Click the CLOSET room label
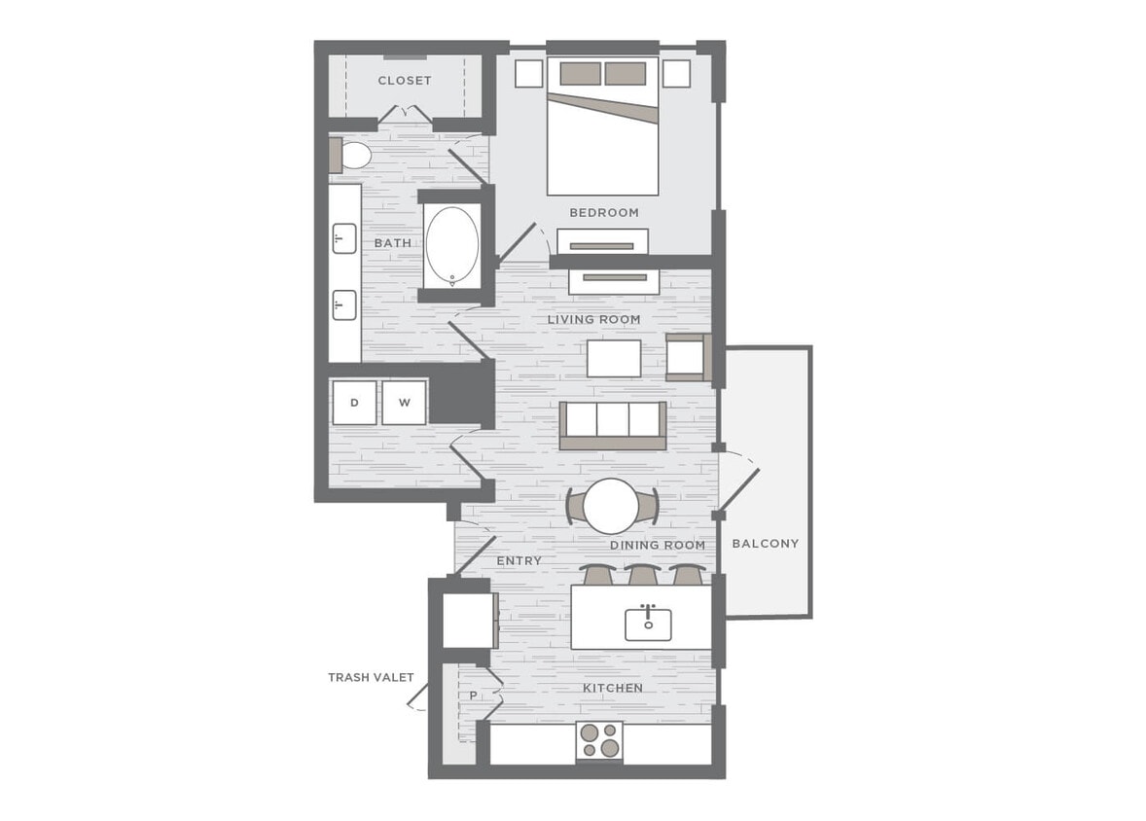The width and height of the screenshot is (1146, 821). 404,81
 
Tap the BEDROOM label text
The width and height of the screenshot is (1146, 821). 603,212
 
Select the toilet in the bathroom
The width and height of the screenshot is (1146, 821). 352,156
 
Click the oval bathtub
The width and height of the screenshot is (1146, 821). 451,246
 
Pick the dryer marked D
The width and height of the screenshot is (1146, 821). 354,403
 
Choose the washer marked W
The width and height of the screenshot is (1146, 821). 404,403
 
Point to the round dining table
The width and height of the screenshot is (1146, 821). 612,506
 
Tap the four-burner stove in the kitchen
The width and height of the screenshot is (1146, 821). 599,741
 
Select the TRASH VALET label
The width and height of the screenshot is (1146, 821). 371,677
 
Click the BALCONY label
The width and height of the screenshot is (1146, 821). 765,543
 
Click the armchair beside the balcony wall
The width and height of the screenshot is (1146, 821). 688,358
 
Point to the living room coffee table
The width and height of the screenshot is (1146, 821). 614,358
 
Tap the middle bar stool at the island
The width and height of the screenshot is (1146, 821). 643,575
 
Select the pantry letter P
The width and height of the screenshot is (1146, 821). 473,696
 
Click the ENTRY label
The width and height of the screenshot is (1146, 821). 519,561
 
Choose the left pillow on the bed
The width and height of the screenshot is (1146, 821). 581,74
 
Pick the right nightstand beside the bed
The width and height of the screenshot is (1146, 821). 676,74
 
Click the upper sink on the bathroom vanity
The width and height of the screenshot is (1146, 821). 343,238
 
